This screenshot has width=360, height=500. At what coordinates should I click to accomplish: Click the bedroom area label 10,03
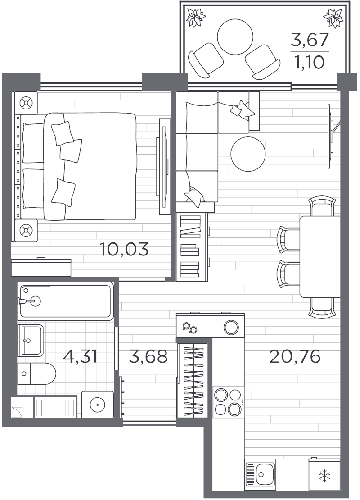click(124, 249)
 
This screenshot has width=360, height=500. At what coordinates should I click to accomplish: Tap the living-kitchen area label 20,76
click(295, 356)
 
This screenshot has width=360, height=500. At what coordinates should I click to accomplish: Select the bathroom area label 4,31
click(81, 356)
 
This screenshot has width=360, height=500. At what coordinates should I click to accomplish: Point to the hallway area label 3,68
click(148, 356)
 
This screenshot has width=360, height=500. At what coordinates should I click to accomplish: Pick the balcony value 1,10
click(309, 62)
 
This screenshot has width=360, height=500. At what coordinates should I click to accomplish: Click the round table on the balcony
click(235, 36)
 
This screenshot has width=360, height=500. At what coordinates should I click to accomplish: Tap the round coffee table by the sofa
click(248, 154)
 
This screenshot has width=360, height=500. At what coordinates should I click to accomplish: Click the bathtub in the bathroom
click(66, 301)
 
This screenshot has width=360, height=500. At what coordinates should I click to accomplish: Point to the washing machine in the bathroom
click(97, 405)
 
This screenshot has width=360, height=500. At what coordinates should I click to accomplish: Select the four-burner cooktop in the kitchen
click(228, 402)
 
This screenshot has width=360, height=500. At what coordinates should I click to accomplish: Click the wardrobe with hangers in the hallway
click(193, 381)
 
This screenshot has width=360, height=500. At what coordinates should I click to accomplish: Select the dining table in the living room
click(320, 256)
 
